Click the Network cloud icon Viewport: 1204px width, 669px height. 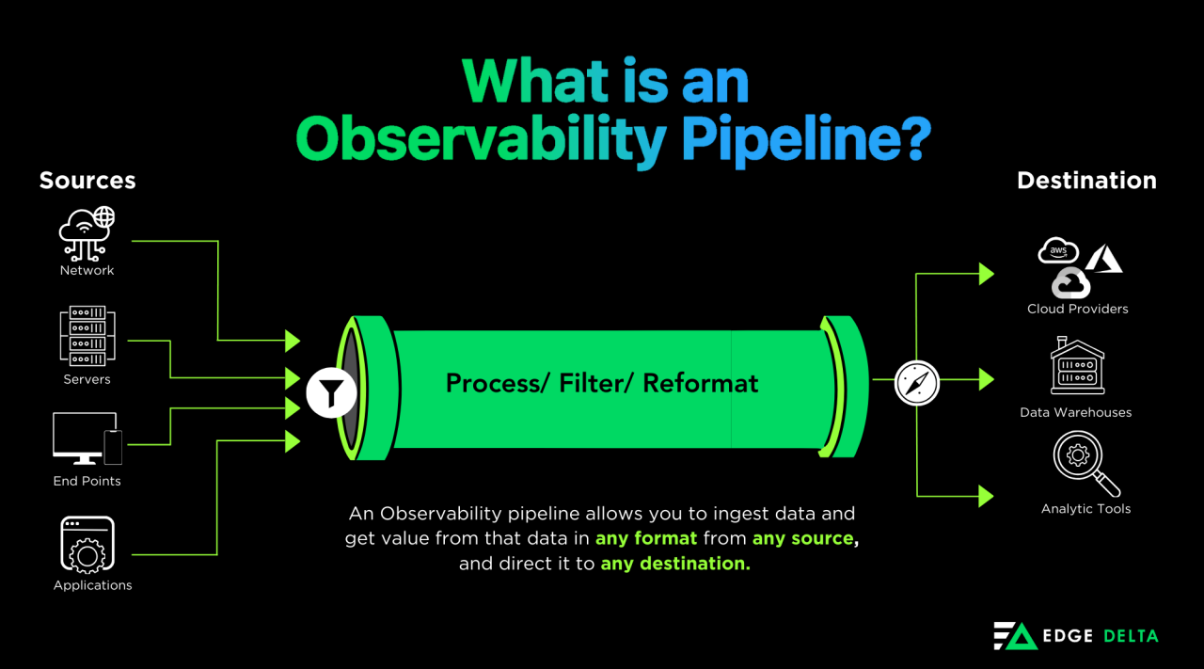[87, 234]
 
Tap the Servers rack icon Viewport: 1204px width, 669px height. [87, 336]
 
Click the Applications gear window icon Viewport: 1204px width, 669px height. [87, 544]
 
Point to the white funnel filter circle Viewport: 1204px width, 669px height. [331, 392]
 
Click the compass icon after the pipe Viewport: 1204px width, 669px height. [917, 383]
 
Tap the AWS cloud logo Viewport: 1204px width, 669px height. [1058, 250]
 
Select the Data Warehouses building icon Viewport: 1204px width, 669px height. [1077, 366]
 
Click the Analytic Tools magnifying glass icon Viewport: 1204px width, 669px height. [1085, 464]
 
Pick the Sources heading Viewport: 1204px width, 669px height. [87, 180]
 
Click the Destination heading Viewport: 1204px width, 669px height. [1086, 180]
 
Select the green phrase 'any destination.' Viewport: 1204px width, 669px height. [675, 563]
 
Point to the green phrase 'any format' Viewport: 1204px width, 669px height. [646, 538]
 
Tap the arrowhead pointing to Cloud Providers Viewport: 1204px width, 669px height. [987, 274]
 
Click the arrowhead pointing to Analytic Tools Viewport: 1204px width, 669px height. [987, 496]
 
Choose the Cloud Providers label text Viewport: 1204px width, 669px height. [1077, 309]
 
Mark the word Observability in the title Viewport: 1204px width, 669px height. [481, 138]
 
